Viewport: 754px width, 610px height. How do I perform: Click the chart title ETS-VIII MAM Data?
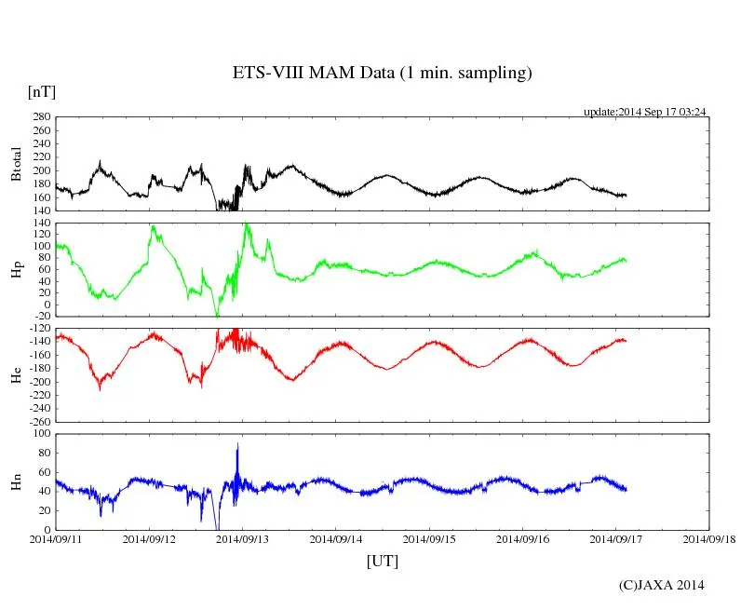click(x=382, y=74)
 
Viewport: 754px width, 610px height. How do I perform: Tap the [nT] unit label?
click(x=41, y=92)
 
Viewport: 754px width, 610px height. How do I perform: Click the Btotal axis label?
click(x=16, y=164)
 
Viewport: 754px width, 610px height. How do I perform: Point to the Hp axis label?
click(x=16, y=270)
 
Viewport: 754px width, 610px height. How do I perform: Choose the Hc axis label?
click(x=16, y=375)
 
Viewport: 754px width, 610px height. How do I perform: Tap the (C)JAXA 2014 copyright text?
click(x=662, y=585)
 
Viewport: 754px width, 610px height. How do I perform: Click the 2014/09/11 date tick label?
click(x=56, y=538)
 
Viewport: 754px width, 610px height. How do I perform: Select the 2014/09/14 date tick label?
click(x=336, y=538)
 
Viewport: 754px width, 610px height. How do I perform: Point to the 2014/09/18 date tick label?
click(x=709, y=538)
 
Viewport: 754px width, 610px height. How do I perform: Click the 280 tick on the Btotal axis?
click(x=40, y=117)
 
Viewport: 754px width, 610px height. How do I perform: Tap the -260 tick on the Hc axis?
click(x=38, y=422)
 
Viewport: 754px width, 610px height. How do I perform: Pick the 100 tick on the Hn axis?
click(x=40, y=434)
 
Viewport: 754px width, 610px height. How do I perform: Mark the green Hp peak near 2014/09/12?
click(x=152, y=227)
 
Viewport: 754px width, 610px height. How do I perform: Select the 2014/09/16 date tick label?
click(x=523, y=538)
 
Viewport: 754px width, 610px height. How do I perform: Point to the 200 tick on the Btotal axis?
click(x=40, y=170)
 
